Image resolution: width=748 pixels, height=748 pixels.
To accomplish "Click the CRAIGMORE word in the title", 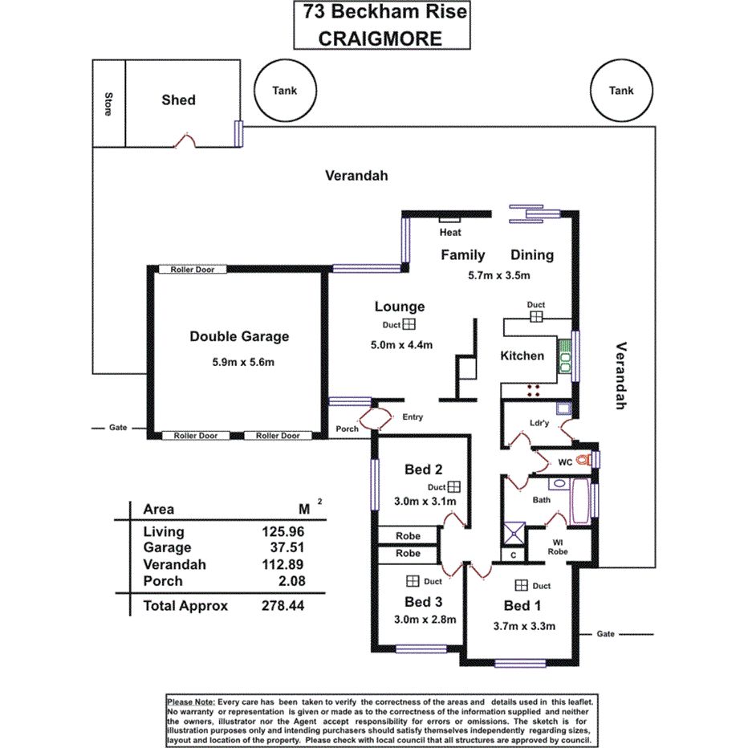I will [380, 38].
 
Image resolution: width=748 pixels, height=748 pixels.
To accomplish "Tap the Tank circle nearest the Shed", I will [284, 91].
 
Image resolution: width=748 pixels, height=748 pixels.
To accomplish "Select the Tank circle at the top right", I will [620, 91].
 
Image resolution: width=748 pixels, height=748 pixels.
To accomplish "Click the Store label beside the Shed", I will [108, 104].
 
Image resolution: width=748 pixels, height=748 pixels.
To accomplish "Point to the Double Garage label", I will [239, 337].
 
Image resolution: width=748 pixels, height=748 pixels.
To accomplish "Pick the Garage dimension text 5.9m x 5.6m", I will [243, 362].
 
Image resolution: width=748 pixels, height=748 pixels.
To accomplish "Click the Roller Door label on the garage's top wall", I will [193, 270].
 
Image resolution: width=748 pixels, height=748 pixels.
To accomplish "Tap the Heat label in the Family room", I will [450, 233].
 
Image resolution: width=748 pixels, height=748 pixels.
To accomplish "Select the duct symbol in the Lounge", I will [409, 325].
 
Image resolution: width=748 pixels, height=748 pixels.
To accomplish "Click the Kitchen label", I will [522, 356].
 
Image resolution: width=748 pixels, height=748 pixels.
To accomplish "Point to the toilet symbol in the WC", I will [591, 460].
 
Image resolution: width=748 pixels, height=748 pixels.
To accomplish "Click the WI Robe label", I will [558, 547].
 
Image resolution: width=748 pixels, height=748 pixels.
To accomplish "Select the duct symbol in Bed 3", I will [413, 581].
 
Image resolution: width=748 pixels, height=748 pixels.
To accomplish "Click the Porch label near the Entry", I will [348, 429].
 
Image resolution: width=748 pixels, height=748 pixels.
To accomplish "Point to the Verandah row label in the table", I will [174, 565].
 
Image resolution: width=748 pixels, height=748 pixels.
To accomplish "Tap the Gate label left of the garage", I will [118, 429].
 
